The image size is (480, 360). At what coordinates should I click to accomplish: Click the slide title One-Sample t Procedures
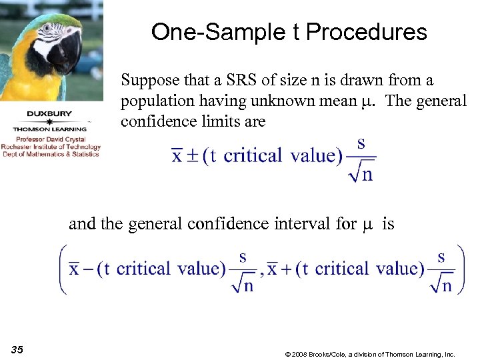(x=289, y=31)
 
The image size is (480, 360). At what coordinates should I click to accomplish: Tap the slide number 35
(x=17, y=349)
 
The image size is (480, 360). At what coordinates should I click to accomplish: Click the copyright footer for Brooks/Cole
(x=369, y=354)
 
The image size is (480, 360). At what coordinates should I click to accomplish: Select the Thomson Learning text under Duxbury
(x=51, y=129)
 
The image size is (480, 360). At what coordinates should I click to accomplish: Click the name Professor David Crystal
(x=51, y=140)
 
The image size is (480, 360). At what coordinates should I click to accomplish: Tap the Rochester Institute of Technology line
(x=51, y=147)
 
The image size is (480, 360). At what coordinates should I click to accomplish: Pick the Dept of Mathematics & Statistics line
(x=51, y=154)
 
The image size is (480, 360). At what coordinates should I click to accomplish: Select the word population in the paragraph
(x=155, y=101)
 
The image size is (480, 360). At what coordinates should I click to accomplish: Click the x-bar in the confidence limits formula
(x=177, y=156)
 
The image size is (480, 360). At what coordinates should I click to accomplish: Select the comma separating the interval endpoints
(x=262, y=273)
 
